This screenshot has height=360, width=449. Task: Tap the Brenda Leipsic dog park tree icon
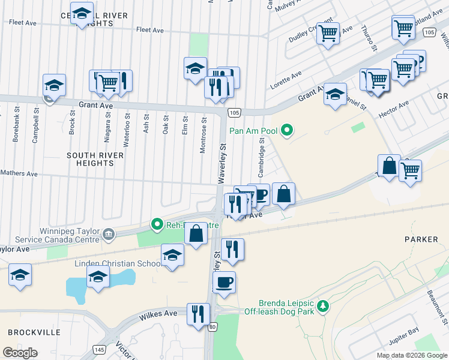pos(323,307)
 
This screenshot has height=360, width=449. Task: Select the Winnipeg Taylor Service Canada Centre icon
pos(109,234)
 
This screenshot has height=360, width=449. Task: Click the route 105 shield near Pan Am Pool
pos(235,112)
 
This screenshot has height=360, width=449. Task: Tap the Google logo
pos(20,352)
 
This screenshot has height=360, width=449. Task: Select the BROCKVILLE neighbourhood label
pos(34,332)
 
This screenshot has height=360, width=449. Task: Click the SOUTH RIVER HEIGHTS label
pos(95,159)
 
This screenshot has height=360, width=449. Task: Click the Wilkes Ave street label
pos(158,313)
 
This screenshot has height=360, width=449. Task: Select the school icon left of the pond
pos(20,275)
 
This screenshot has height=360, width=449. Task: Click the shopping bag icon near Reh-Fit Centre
pos(196,233)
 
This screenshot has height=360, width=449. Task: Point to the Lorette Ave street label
pos(286,80)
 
